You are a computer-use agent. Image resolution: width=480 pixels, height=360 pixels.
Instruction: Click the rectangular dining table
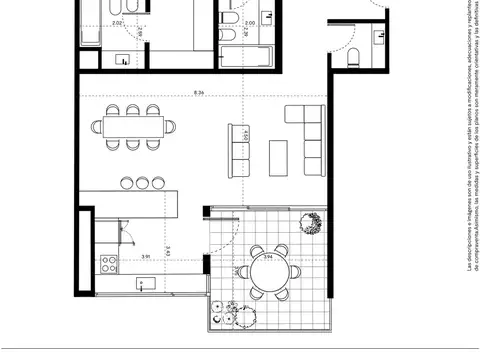(x=134, y=127)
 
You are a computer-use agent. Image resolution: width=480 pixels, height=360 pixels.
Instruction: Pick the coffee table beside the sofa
(x=281, y=151)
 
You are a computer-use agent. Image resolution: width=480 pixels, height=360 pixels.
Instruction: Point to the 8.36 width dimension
(x=200, y=93)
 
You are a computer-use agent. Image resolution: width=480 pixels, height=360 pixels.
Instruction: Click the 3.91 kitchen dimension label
(x=146, y=257)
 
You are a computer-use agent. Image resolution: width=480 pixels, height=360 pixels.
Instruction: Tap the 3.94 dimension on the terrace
(x=268, y=257)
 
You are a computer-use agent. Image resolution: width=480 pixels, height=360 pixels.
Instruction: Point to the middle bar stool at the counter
(x=143, y=182)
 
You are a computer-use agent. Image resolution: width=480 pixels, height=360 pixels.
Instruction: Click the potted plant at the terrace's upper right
(x=313, y=225)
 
